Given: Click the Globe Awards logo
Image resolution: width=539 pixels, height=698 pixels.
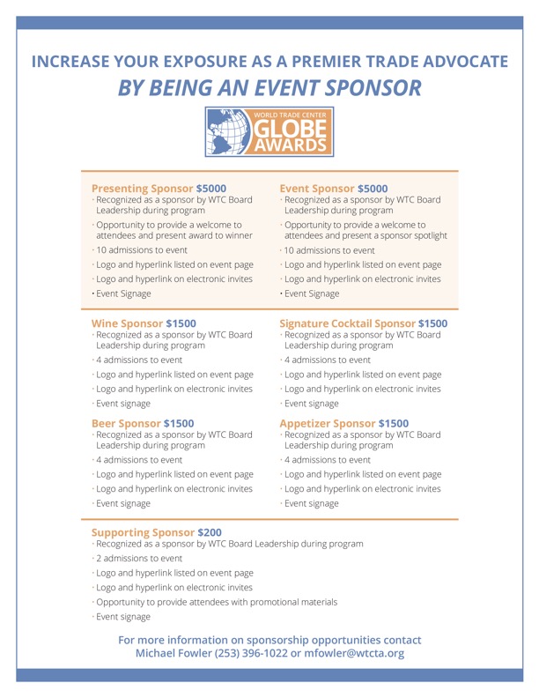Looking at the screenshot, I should coord(269,130).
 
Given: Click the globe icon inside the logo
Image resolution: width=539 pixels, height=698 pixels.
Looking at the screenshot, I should coord(228,130).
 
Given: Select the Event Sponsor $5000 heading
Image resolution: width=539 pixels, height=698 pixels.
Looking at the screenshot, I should coord(333,188).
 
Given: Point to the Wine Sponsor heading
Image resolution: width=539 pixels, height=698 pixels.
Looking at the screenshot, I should coord(128,323).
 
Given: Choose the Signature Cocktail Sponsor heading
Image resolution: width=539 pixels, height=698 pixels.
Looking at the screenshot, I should coord(347,323).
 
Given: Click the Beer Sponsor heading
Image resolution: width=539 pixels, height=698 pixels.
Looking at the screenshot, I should coord(127,423).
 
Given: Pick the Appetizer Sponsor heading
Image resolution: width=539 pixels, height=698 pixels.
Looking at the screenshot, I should coord(328,423).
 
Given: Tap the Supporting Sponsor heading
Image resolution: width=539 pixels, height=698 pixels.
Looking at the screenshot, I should coord(144,532).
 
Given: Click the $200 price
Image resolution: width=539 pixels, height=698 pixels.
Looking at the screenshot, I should coord(210,532).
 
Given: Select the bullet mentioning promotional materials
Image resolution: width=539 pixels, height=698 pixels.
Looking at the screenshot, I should coord(216,602).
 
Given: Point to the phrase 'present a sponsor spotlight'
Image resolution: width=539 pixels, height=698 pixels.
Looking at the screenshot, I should coord(384,235).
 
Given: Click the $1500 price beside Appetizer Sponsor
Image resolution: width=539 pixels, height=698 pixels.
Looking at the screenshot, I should coord(400,423).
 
